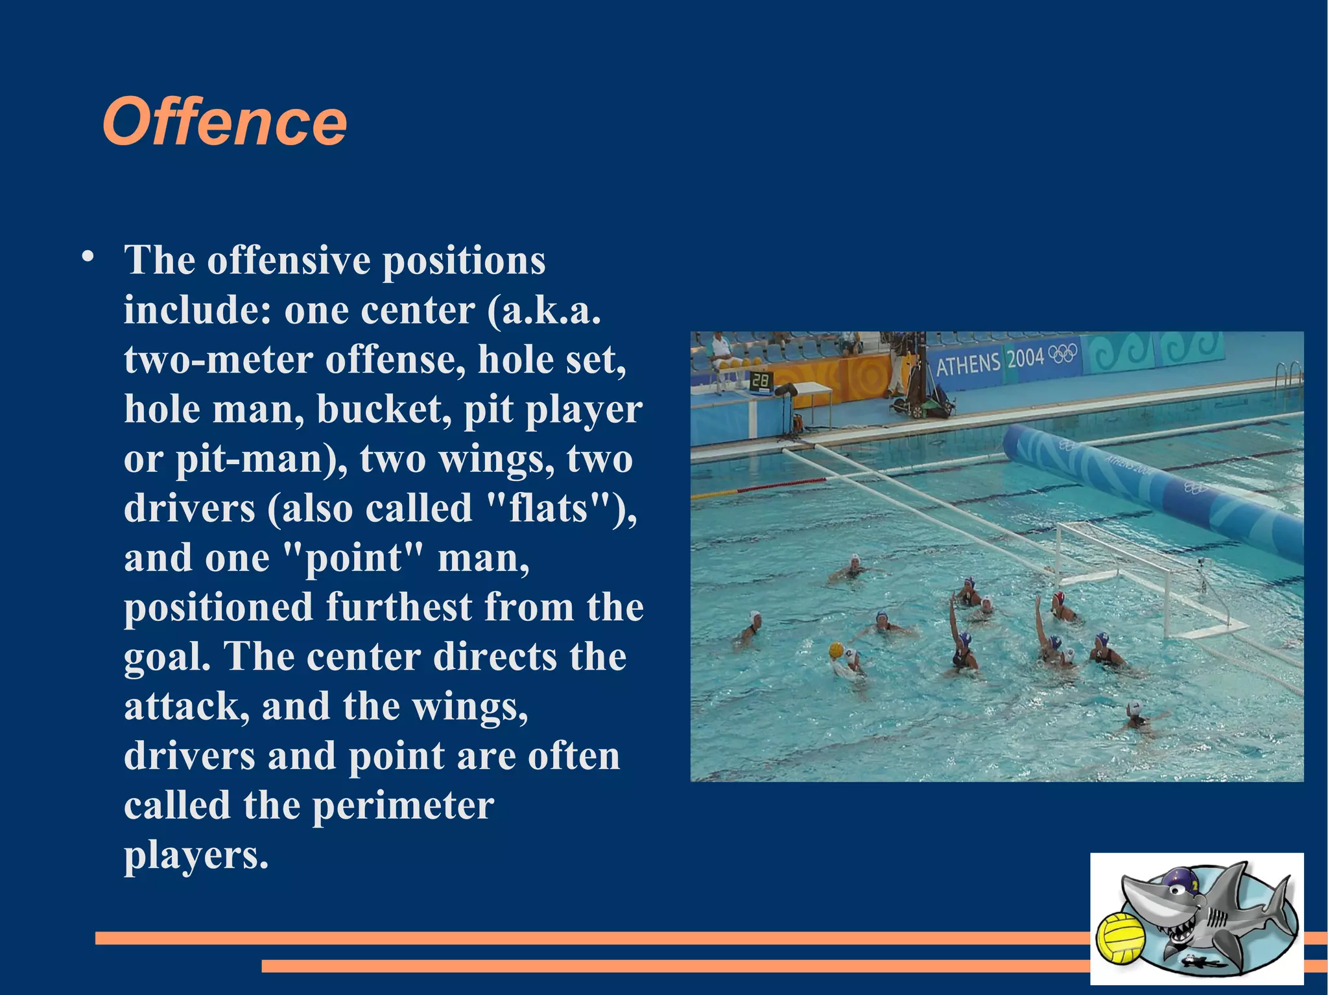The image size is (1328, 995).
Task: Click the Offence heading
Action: click(224, 122)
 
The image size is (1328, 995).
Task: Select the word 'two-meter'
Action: click(219, 360)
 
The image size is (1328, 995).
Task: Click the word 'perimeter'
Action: click(403, 806)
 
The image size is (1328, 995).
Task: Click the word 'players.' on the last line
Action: click(196, 856)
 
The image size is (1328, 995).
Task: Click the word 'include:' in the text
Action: click(197, 310)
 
